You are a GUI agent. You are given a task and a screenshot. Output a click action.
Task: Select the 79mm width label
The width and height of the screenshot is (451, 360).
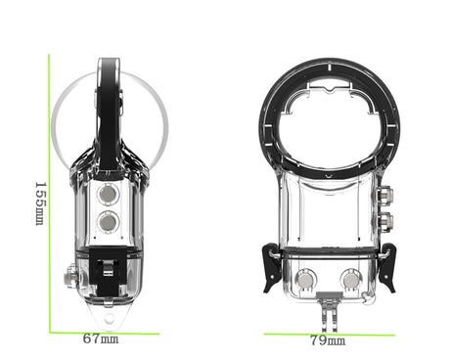click(x=326, y=341)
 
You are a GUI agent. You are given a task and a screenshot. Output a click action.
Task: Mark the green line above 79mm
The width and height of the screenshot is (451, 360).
click(x=329, y=332)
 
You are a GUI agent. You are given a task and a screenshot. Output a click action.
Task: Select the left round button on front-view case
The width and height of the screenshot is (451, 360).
click(x=306, y=280)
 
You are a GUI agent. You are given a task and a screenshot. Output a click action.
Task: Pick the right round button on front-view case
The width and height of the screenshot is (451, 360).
click(x=349, y=280)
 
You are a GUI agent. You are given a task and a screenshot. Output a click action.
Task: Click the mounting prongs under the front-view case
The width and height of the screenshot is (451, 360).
click(x=329, y=315)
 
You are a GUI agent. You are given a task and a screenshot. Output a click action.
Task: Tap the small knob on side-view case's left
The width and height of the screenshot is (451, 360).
click(x=71, y=278)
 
